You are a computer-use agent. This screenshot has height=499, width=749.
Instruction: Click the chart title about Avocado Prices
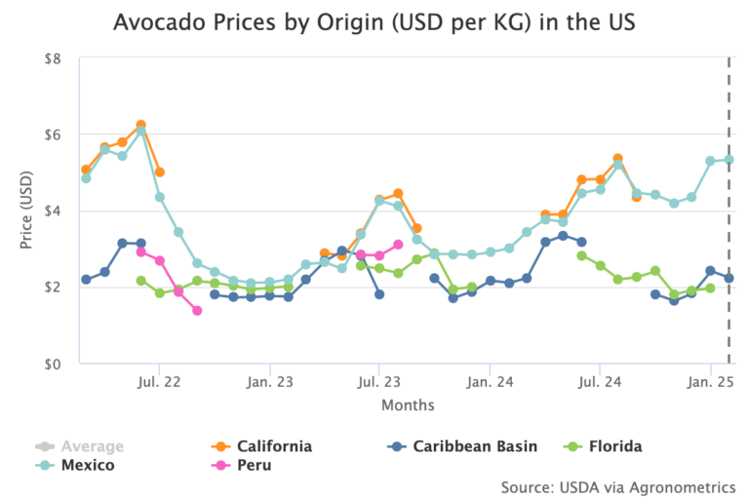click(x=374, y=21)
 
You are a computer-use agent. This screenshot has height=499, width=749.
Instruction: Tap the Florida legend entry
click(x=615, y=446)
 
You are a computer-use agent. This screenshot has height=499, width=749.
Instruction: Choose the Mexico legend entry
click(x=87, y=465)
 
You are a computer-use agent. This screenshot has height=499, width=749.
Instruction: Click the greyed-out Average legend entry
click(x=92, y=446)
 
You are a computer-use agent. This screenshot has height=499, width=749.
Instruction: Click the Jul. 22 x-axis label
click(x=159, y=381)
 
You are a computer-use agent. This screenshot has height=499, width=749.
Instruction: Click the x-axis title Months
click(x=408, y=404)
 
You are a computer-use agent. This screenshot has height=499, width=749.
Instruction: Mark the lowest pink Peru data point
click(x=197, y=311)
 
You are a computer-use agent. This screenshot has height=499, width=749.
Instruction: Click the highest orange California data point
click(x=141, y=125)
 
